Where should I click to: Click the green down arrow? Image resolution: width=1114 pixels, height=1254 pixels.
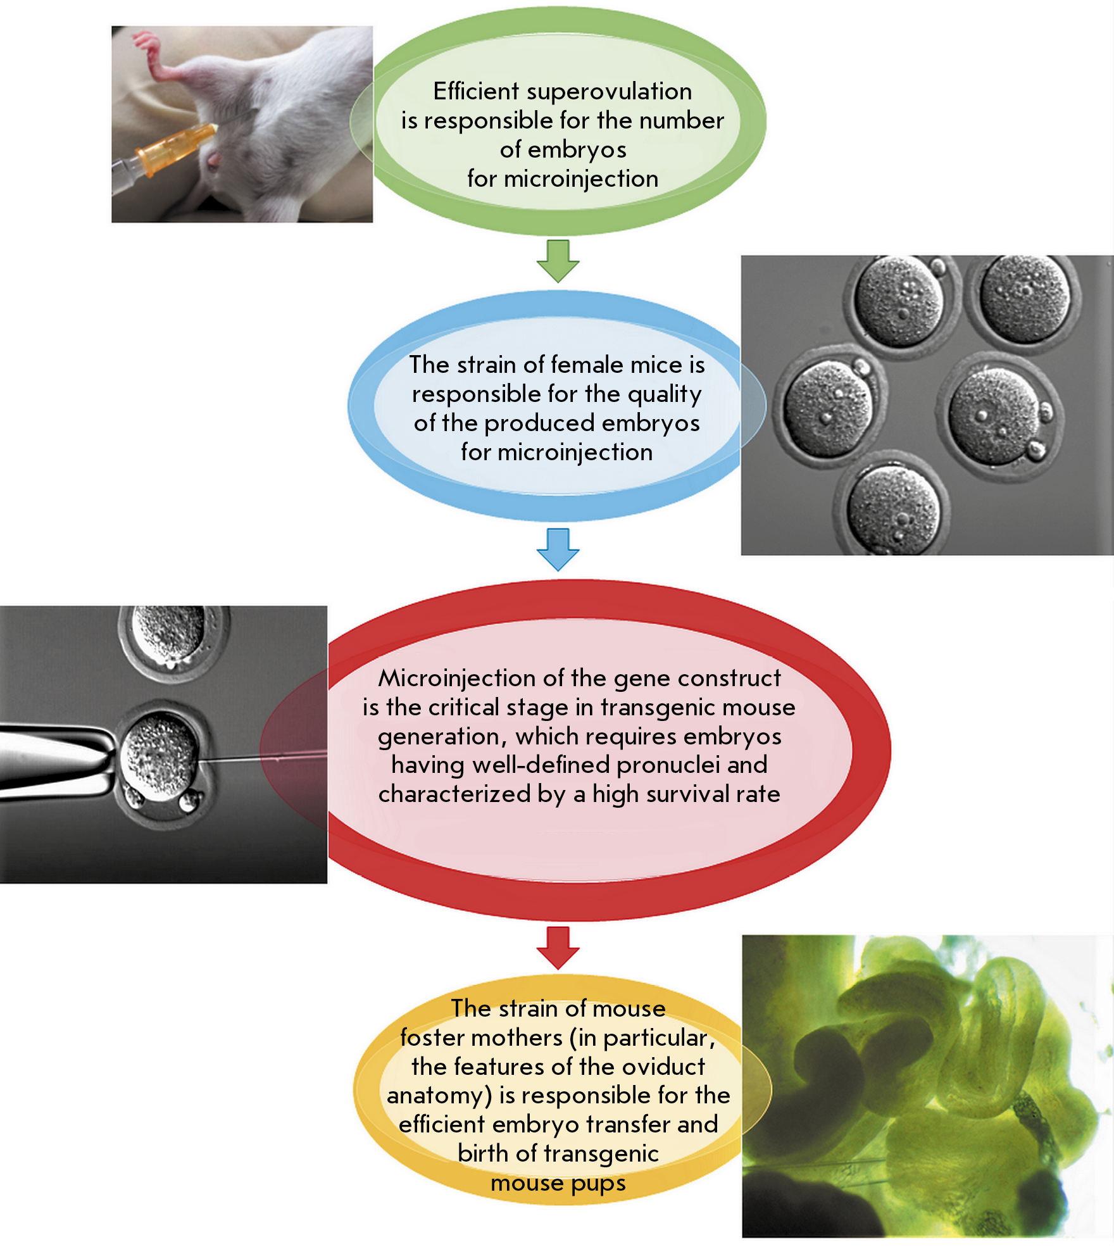[558, 261]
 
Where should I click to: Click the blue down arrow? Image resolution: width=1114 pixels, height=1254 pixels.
[558, 549]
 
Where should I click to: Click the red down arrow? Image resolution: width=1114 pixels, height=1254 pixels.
[558, 948]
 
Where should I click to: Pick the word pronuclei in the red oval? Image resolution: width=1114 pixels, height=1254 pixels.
[668, 766]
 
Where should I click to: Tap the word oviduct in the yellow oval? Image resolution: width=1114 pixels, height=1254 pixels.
[663, 1067]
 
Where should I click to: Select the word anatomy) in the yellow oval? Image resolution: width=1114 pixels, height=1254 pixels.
[439, 1096]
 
